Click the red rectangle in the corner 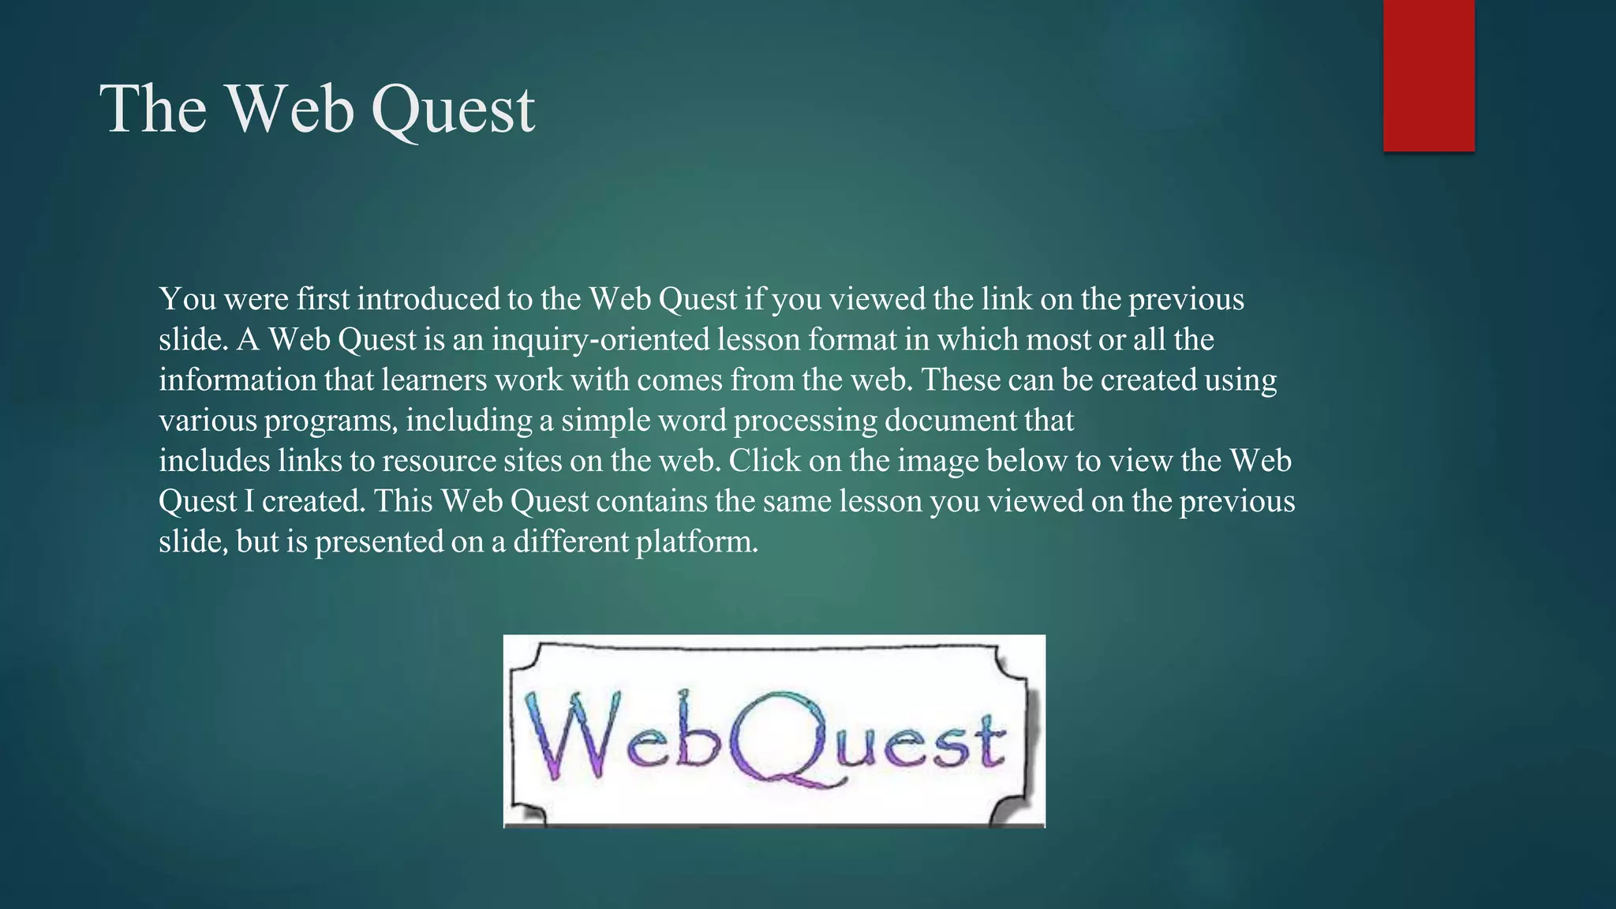coord(1428,75)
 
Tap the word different coord(570,542)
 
